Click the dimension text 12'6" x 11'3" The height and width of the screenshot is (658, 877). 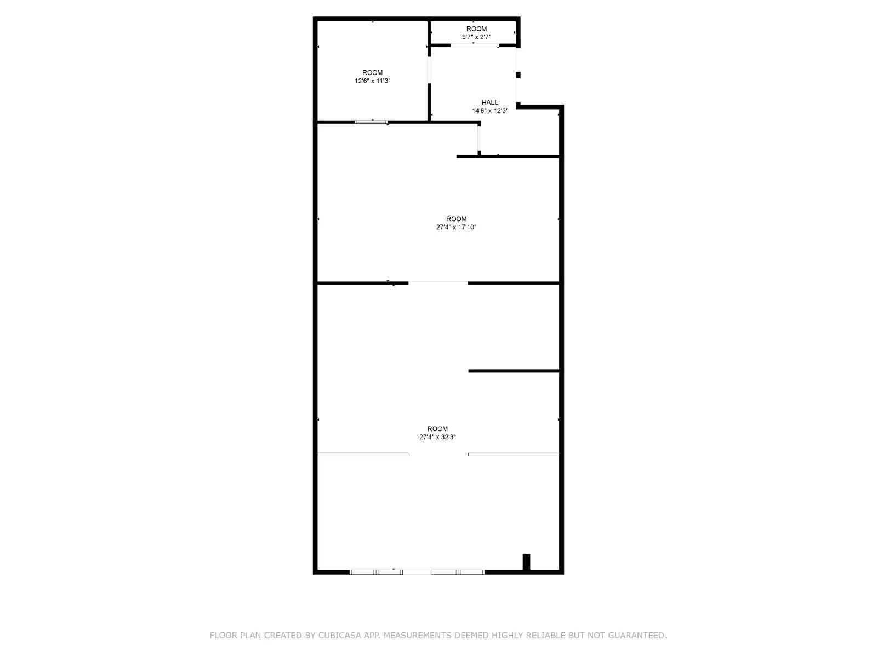(372, 81)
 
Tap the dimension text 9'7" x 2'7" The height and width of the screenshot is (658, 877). (476, 37)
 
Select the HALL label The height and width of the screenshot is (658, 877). (490, 103)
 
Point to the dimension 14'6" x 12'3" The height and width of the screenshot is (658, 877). (490, 111)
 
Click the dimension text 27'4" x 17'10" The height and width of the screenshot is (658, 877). (456, 227)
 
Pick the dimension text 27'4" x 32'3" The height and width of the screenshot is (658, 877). (437, 437)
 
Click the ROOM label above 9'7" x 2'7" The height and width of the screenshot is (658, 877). (476, 29)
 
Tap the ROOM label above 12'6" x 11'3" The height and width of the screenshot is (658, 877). (372, 72)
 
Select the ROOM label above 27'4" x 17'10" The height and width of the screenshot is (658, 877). (456, 219)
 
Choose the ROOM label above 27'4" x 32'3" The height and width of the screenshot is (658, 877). (437, 429)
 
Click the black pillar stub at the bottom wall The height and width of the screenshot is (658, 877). (526, 562)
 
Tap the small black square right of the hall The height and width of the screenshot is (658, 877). (518, 75)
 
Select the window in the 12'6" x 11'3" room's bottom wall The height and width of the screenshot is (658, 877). (371, 122)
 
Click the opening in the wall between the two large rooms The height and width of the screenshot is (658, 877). (438, 283)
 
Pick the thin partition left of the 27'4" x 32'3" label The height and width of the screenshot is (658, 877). (363, 454)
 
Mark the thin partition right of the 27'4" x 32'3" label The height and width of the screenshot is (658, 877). (514, 454)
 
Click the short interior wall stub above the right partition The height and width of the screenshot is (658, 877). (514, 371)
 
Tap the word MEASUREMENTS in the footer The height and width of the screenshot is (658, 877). (418, 635)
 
